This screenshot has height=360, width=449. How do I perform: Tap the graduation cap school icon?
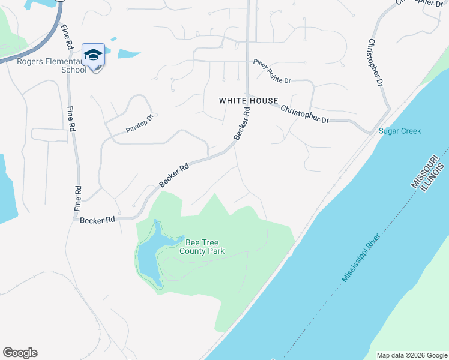pyautogui.click(x=93, y=55)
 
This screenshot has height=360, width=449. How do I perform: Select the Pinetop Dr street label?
pyautogui.click(x=140, y=123)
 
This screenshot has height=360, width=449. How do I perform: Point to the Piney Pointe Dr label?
pyautogui.click(x=272, y=71)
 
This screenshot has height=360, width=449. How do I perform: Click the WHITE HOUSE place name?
pyautogui.click(x=248, y=101)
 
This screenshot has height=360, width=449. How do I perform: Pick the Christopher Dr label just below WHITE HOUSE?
pyautogui.click(x=305, y=114)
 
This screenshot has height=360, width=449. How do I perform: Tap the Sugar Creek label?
pyautogui.click(x=400, y=131)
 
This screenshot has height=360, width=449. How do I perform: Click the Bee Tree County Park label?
pyautogui.click(x=205, y=247)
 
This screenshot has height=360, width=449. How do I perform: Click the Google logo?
pyautogui.click(x=20, y=353)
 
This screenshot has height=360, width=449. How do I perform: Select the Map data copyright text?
pyautogui.click(x=412, y=355)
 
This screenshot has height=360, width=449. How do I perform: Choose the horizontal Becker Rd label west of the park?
pyautogui.click(x=97, y=220)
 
